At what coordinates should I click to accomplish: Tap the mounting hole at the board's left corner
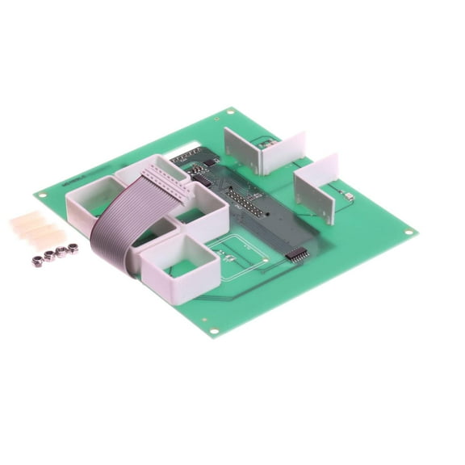click(x=38, y=195)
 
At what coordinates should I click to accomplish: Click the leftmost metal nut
click(x=36, y=260)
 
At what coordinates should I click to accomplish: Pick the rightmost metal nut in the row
click(x=73, y=248)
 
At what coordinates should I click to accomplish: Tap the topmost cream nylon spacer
click(x=29, y=218)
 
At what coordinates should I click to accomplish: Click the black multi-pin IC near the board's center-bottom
click(x=297, y=253)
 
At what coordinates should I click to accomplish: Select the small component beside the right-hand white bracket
click(x=348, y=196)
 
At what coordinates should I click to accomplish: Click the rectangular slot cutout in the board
click(x=187, y=152)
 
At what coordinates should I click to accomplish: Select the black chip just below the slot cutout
click(x=196, y=168)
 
